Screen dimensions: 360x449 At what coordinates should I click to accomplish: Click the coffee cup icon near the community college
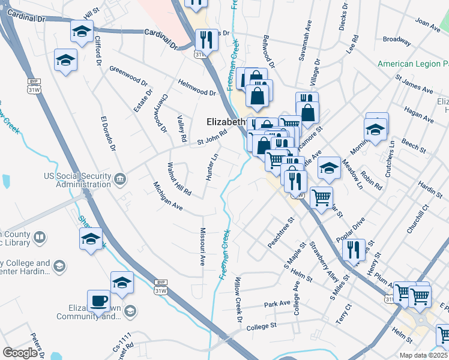(98, 301)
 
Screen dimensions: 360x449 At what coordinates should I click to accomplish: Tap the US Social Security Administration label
(78, 180)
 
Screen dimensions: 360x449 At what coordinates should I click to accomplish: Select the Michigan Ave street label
(167, 196)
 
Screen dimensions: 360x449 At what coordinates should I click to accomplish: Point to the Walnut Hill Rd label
(179, 179)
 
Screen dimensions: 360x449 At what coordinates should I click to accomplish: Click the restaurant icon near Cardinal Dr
(206, 40)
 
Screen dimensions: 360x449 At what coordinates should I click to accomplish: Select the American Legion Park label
(413, 64)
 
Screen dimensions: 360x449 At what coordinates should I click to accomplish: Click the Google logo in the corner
(20, 353)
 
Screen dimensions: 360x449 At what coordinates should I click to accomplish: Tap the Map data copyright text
(424, 355)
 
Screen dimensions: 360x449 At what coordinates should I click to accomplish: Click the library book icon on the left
(40, 238)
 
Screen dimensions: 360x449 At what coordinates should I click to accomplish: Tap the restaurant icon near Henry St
(354, 248)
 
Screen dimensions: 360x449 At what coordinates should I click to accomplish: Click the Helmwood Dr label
(196, 88)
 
